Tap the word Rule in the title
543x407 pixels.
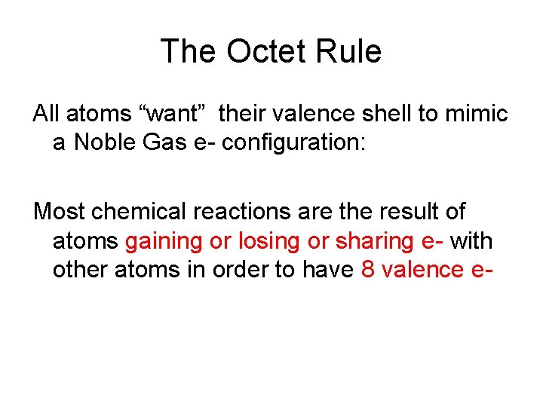tap(351, 51)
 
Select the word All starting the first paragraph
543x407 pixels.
tap(45, 115)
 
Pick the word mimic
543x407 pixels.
tap(481, 115)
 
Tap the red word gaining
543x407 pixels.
tap(164, 241)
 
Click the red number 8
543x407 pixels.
tap(368, 270)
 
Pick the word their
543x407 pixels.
tap(241, 115)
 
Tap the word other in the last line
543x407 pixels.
tap(80, 270)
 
